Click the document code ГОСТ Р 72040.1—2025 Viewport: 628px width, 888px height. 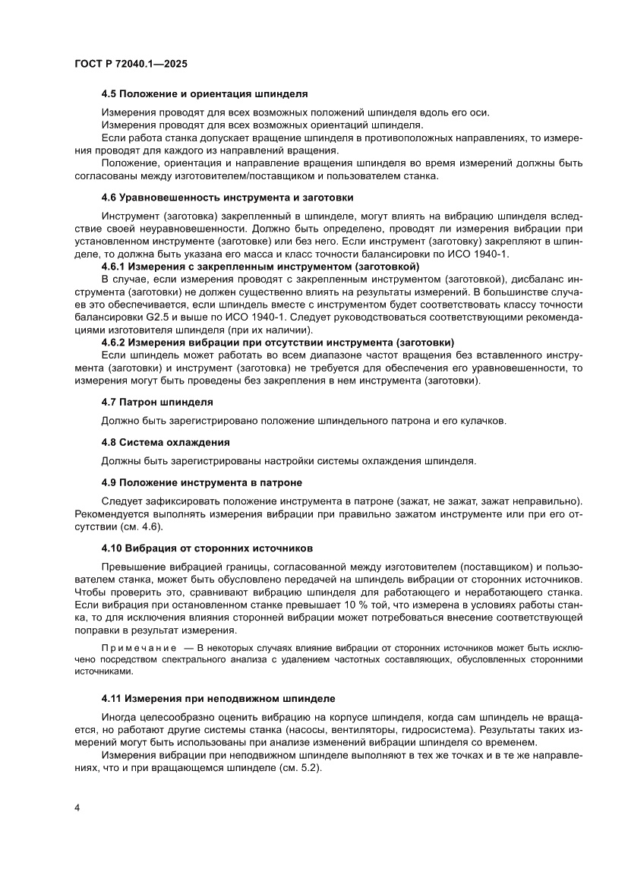131,65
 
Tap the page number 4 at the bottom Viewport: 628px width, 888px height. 77,807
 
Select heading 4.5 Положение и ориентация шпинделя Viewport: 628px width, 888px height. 204,94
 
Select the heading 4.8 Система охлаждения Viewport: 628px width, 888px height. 166,441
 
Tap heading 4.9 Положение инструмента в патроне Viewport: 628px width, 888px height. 202,482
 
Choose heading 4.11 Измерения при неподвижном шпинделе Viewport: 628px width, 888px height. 218,697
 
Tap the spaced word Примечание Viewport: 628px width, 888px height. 136,648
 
